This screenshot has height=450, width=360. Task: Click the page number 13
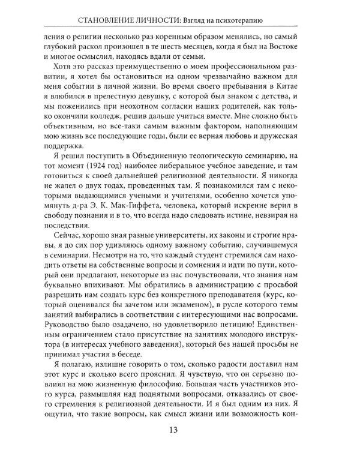point(180,428)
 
